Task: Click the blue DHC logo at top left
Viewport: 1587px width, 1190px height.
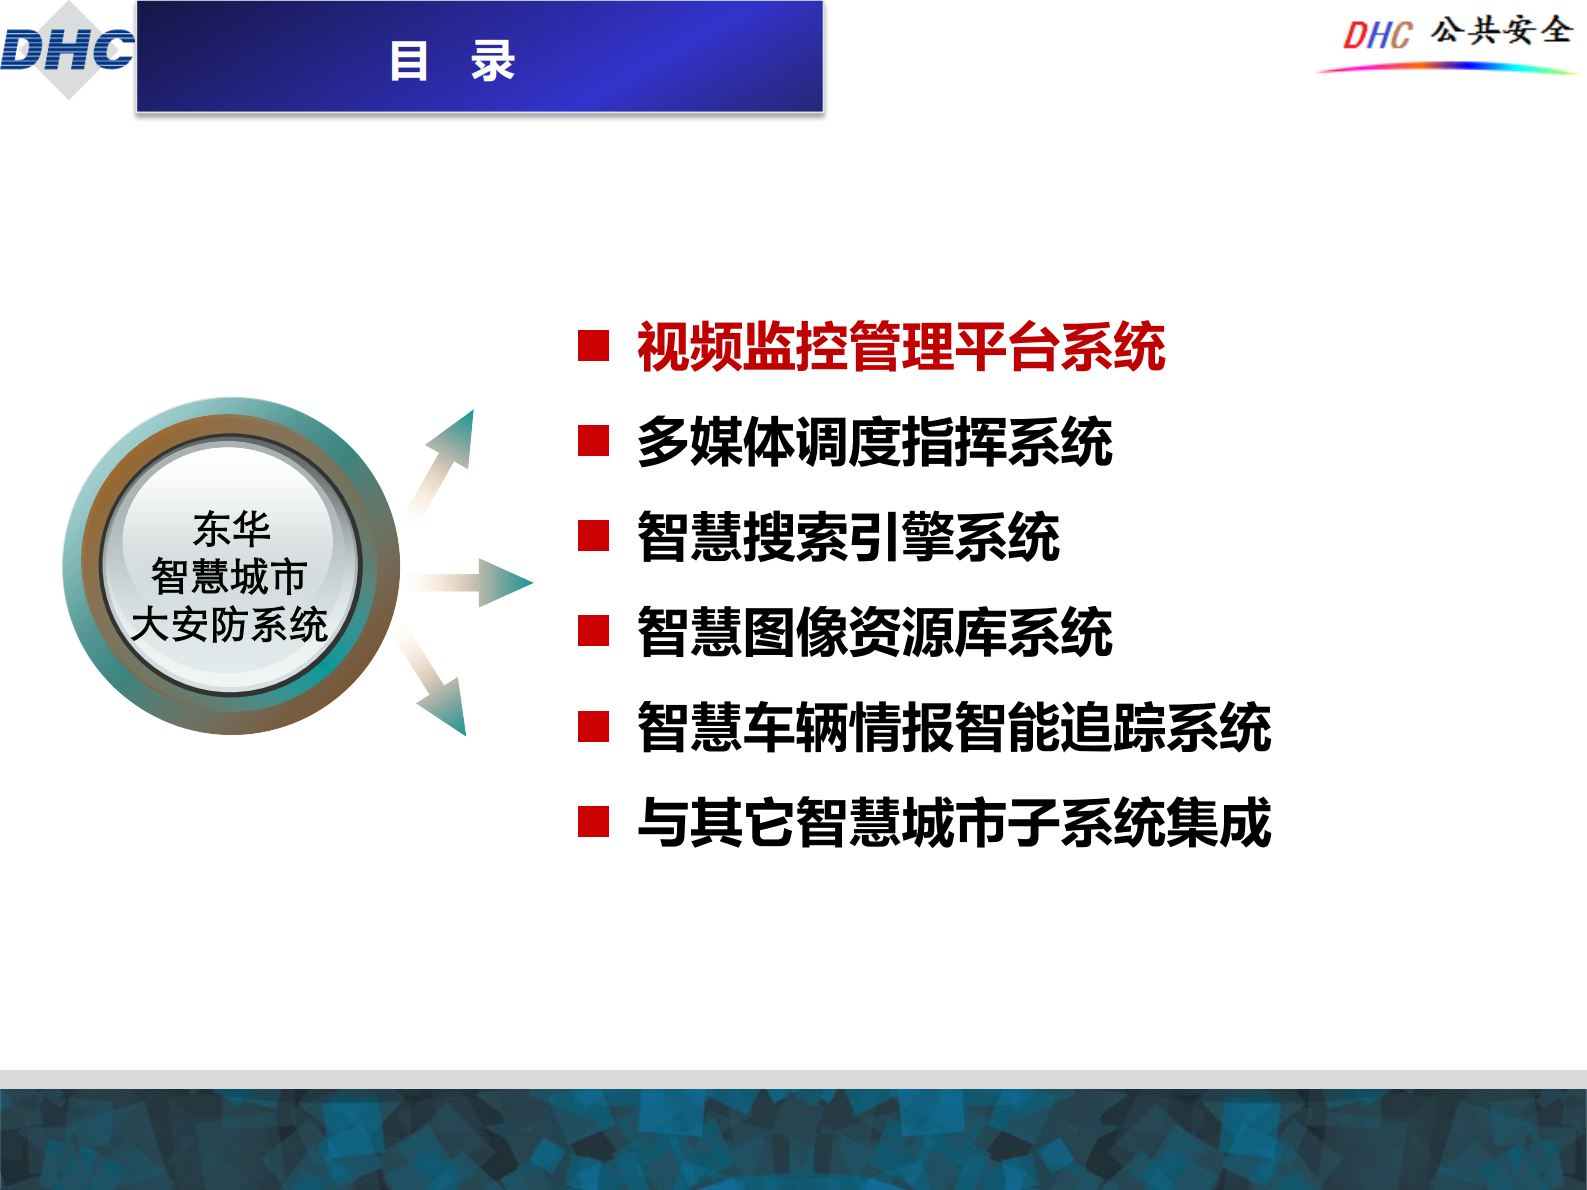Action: click(x=67, y=50)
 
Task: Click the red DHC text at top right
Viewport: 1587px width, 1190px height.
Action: click(x=1377, y=36)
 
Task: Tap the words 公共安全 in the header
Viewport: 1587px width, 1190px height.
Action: click(x=1501, y=30)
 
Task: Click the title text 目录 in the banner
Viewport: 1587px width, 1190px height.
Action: click(x=452, y=61)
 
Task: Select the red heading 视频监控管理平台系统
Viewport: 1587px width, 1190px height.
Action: click(x=901, y=347)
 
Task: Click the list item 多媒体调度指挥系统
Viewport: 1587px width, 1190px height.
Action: click(x=875, y=442)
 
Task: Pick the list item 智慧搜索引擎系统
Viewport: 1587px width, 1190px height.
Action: click(x=848, y=537)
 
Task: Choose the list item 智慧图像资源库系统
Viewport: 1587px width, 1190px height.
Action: click(x=875, y=632)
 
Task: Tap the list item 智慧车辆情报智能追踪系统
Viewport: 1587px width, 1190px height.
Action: click(x=954, y=727)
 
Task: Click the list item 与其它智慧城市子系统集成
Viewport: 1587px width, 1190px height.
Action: click(x=954, y=822)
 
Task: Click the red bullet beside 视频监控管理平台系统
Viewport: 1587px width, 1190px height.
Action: click(x=594, y=346)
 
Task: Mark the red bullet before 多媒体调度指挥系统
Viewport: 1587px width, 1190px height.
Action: click(x=594, y=441)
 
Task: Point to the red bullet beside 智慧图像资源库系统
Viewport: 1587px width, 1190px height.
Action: click(x=594, y=631)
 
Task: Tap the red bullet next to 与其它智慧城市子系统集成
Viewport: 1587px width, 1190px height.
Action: click(x=594, y=822)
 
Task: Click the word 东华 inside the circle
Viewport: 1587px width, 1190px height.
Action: click(x=231, y=528)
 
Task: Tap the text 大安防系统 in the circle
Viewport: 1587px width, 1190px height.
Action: click(x=229, y=625)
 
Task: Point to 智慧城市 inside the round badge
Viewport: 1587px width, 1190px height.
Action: click(x=229, y=577)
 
